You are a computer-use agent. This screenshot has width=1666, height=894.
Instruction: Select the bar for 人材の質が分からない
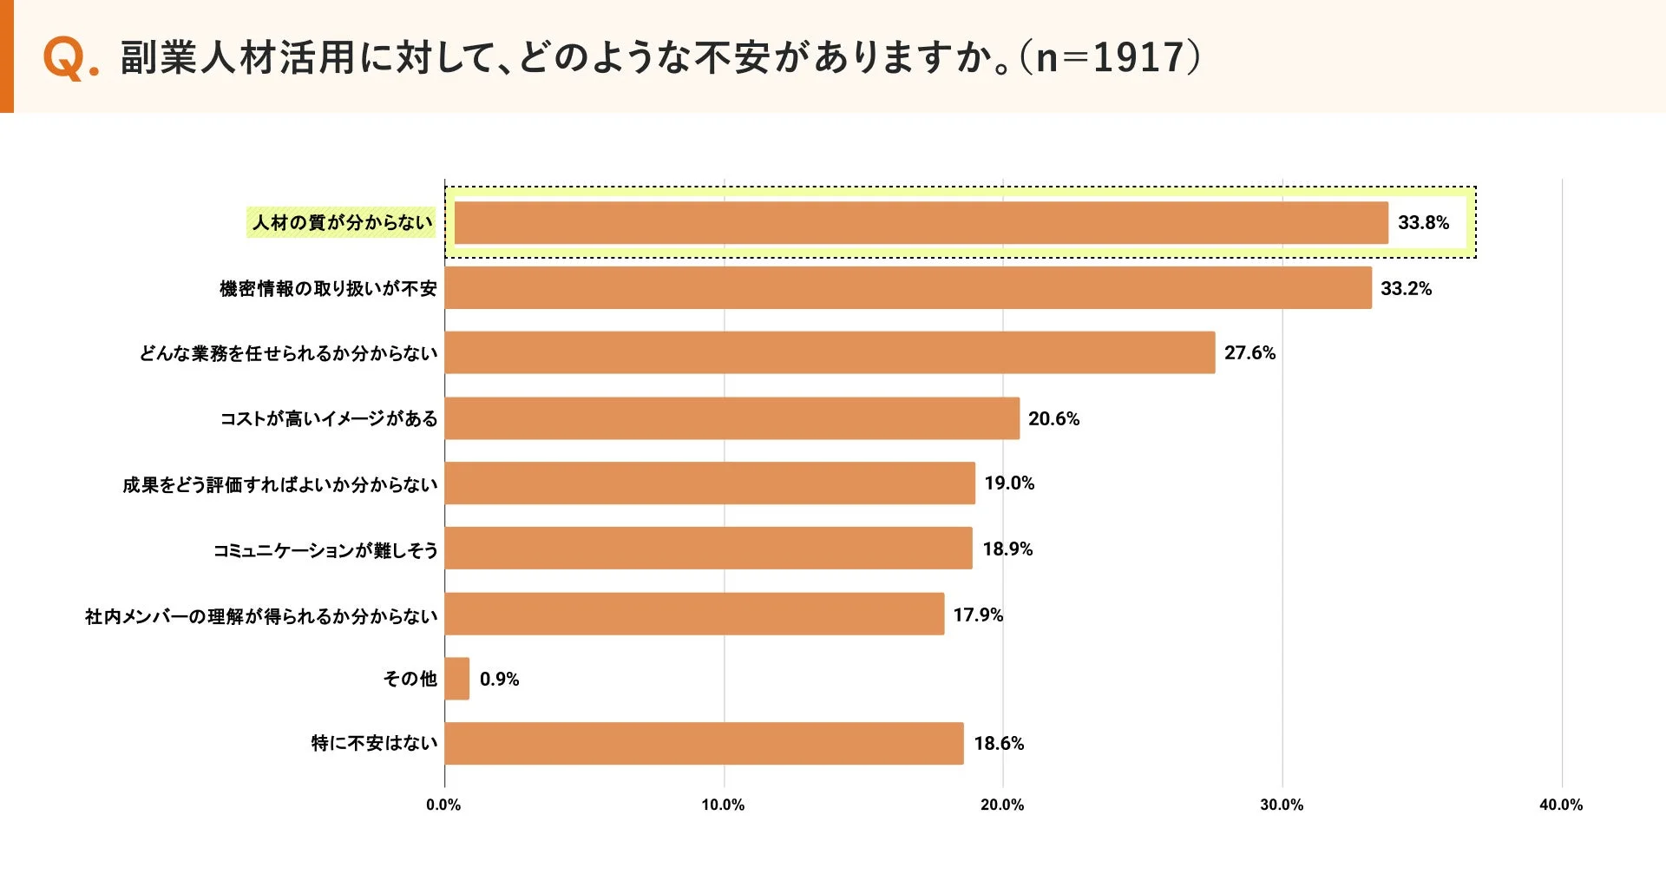point(920,223)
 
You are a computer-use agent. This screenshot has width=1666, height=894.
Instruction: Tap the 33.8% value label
point(1423,223)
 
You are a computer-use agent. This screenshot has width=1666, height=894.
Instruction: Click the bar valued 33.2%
point(908,288)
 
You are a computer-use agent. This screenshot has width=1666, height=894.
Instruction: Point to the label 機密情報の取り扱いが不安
point(328,288)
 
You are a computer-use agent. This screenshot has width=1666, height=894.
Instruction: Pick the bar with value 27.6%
point(830,352)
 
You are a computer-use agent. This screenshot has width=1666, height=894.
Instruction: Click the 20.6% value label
point(1053,418)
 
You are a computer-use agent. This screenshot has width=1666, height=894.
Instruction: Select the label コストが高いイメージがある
point(328,418)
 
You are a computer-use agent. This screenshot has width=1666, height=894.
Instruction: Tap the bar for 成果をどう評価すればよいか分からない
point(710,483)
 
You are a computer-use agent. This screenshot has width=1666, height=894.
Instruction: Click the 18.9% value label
point(1007,549)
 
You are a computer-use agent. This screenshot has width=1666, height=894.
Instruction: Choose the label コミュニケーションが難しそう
point(325,549)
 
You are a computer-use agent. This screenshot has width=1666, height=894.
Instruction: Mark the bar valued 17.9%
point(694,614)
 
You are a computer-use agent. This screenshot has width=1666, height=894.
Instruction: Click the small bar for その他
point(457,679)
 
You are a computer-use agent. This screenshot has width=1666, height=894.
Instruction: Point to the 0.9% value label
point(499,679)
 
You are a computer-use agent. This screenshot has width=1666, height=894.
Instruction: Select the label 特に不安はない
point(374,743)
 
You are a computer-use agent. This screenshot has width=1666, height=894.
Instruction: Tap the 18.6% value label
point(999,743)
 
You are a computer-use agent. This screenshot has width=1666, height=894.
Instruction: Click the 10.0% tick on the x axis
point(723,805)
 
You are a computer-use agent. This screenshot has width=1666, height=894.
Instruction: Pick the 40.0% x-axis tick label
point(1560,805)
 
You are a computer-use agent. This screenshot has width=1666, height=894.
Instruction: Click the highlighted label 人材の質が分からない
point(342,223)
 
